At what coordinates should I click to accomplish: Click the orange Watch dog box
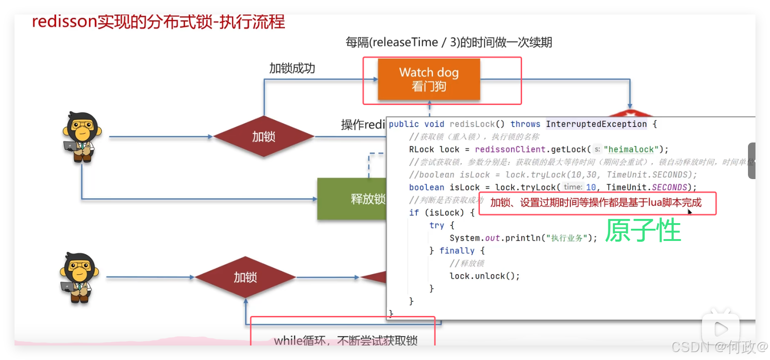(429, 79)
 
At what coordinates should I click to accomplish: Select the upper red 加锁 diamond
(264, 136)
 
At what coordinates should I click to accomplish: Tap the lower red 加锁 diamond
(245, 277)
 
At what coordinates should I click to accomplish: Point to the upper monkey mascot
(82, 137)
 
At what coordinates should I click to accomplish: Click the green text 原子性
(643, 230)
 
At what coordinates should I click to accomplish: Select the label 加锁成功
(292, 68)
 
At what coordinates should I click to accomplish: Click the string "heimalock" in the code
(631, 150)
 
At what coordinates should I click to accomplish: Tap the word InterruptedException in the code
(596, 124)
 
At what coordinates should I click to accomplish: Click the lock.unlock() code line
(485, 276)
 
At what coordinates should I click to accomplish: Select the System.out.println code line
(523, 238)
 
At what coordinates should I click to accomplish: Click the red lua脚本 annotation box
(597, 203)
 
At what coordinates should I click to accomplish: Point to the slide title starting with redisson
(158, 22)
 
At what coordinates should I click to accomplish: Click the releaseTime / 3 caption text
(449, 43)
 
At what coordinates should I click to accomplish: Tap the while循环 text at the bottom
(345, 340)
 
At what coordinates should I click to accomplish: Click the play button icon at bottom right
(720, 330)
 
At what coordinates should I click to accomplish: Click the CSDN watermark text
(719, 347)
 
